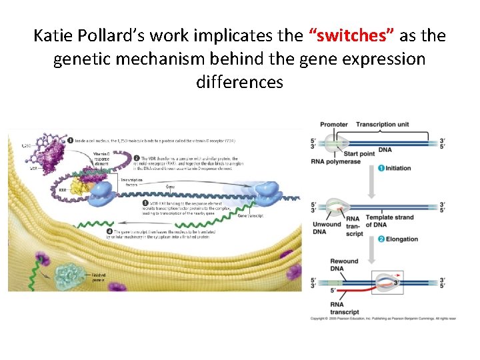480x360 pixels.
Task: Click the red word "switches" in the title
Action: click(343, 35)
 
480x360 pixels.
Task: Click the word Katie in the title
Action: click(55, 35)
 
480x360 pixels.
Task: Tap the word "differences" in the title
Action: click(240, 82)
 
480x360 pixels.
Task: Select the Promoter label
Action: click(333, 125)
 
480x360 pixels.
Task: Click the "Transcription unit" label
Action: click(383, 125)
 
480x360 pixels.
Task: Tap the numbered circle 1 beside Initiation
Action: click(381, 168)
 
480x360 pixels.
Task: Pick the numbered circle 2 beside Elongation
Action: click(381, 239)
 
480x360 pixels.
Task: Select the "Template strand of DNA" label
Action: click(390, 221)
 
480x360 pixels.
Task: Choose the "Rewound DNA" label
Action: click(344, 265)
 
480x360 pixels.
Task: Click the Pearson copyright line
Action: click(383, 318)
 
